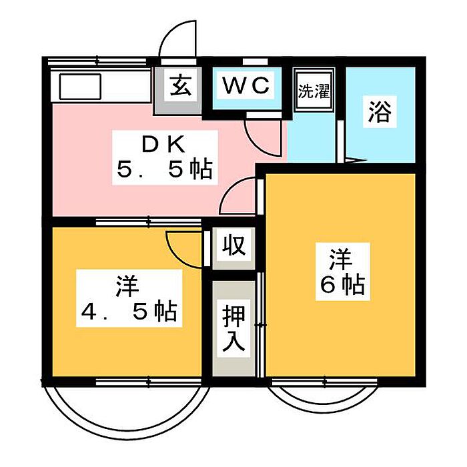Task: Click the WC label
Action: (246, 85)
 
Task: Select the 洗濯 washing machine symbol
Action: (314, 89)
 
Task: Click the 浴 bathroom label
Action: (380, 112)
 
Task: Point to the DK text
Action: (164, 145)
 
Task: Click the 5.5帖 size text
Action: (165, 169)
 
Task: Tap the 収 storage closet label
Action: (234, 245)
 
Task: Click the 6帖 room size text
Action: (342, 285)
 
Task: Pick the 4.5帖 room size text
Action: (129, 312)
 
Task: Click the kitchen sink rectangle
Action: (81, 86)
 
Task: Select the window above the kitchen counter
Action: (97, 62)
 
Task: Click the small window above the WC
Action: (256, 61)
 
